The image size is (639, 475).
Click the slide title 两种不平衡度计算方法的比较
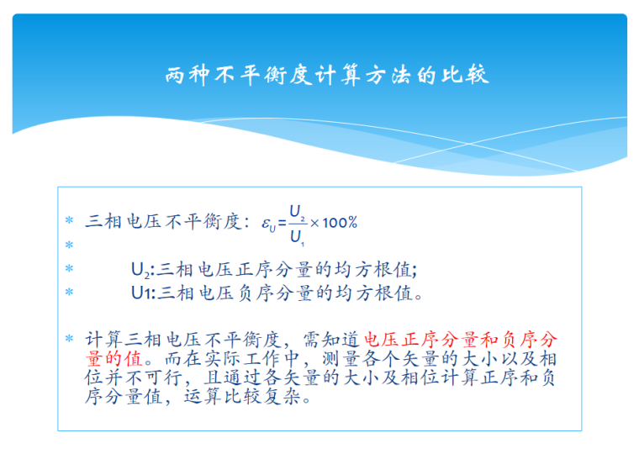327,76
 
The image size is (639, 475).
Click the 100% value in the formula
341,223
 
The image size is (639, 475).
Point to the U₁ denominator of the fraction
296,237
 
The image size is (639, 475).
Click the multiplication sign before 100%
314,223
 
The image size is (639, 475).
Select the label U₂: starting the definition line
142,271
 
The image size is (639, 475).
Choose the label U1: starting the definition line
142,293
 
